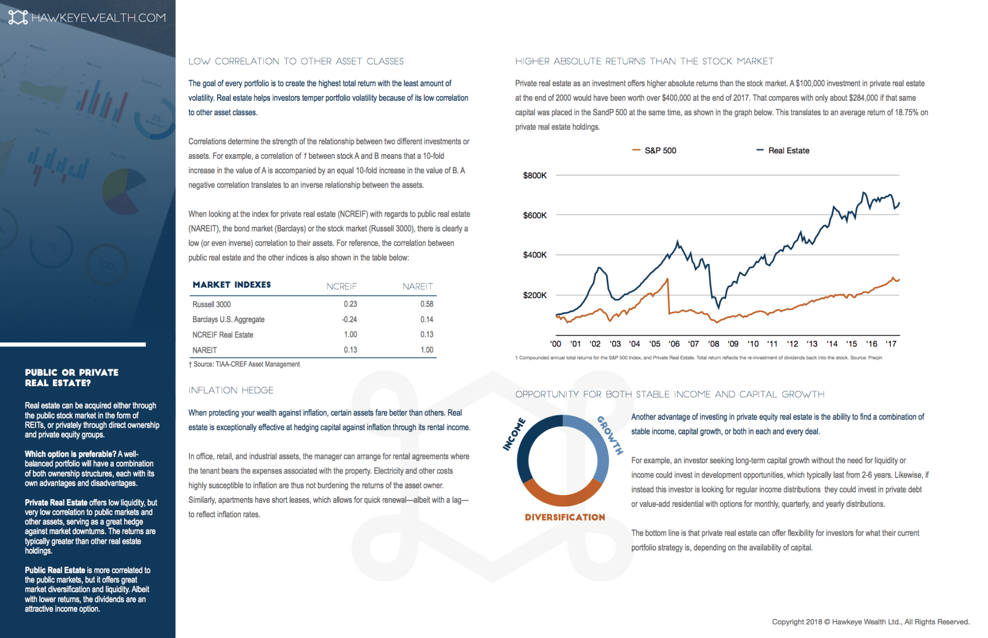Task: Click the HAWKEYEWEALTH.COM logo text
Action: click(x=98, y=18)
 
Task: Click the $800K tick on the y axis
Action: click(x=535, y=176)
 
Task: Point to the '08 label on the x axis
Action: click(x=713, y=344)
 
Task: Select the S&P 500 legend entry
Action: click(x=655, y=151)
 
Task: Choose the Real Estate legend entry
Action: click(x=783, y=151)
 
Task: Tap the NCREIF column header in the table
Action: click(x=341, y=286)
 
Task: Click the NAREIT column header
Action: click(x=417, y=286)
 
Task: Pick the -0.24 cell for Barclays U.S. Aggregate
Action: click(x=349, y=319)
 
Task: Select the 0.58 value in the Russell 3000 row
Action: click(x=427, y=304)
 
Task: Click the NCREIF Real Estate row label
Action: click(x=223, y=335)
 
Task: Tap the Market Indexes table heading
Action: click(x=232, y=285)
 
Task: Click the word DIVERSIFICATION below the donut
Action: click(x=564, y=517)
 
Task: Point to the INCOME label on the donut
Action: click(x=514, y=434)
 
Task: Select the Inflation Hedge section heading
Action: click(x=231, y=391)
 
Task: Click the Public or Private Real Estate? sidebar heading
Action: click(x=72, y=377)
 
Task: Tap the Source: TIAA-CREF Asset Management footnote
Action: click(x=244, y=364)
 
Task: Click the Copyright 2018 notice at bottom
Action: click(x=870, y=622)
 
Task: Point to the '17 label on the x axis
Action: click(x=891, y=344)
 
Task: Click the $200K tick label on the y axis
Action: click(x=535, y=295)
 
